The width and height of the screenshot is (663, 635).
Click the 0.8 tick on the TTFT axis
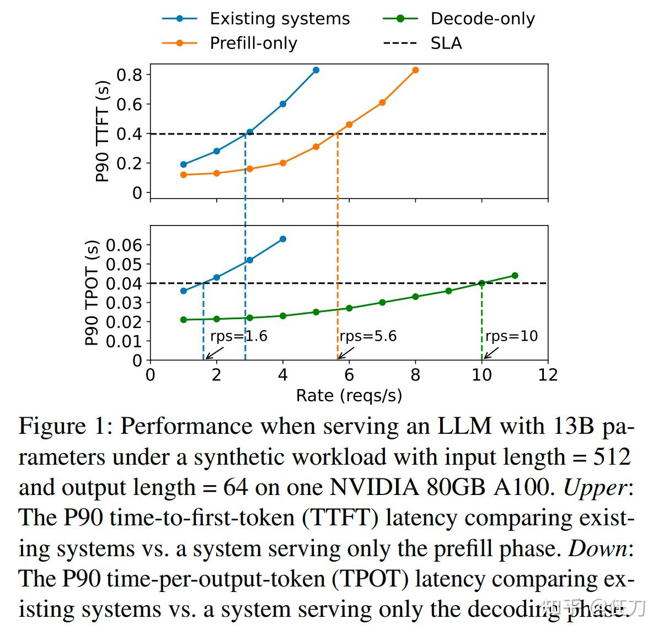(129, 74)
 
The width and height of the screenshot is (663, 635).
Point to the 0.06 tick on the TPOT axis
(124, 245)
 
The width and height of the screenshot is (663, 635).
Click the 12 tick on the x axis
(548, 375)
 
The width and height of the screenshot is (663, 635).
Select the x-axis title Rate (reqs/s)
(349, 395)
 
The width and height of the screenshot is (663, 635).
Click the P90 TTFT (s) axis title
(103, 131)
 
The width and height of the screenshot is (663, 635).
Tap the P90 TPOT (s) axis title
(92, 293)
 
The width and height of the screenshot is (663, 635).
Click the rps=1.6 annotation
(238, 336)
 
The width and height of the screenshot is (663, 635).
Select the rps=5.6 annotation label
(368, 336)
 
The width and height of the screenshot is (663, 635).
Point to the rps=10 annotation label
(511, 336)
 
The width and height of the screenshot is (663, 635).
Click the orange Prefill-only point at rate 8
(415, 70)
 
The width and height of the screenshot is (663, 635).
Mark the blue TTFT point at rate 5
(316, 70)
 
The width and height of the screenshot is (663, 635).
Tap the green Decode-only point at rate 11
(515, 276)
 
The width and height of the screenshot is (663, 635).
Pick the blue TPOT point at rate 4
(283, 239)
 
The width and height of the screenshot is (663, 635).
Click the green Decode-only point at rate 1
(184, 320)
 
